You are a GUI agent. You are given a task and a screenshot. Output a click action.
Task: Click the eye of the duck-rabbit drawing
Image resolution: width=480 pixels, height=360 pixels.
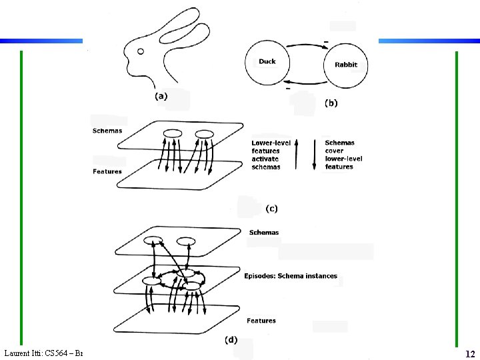(141, 51)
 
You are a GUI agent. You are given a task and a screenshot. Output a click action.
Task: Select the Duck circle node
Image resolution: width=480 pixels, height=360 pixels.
(267, 62)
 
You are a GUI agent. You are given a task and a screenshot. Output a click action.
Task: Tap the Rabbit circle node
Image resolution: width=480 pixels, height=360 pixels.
(346, 65)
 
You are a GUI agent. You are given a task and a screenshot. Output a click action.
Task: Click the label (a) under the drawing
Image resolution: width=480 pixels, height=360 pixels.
(162, 96)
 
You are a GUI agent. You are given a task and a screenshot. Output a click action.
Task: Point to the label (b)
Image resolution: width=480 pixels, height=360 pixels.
(331, 103)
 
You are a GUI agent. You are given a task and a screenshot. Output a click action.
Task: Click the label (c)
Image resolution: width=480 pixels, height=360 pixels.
(272, 209)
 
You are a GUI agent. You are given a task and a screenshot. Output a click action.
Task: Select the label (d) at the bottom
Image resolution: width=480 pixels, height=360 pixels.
(230, 339)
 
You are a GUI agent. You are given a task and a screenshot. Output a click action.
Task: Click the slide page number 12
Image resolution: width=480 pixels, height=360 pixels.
(469, 354)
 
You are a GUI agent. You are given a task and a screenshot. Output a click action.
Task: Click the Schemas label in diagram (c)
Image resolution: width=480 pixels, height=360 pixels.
(107, 131)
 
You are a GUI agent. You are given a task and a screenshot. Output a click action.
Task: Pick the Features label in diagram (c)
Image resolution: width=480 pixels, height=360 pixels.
(107, 172)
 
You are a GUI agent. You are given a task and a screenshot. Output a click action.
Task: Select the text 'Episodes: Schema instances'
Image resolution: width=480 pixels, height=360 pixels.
(291, 276)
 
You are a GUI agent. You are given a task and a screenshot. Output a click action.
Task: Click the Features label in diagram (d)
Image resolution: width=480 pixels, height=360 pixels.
(261, 321)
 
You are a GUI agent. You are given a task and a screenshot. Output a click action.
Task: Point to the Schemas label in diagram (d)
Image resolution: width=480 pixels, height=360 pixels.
(264, 233)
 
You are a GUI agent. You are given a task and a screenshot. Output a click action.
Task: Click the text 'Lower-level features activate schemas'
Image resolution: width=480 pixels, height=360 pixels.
(266, 155)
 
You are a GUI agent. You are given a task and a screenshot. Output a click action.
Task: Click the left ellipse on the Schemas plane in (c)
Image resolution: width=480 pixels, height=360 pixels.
(173, 133)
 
